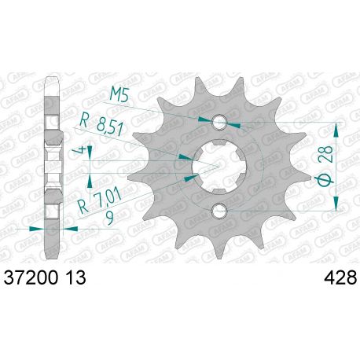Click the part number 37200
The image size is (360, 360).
(x=33, y=278)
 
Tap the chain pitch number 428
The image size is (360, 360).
(x=339, y=278)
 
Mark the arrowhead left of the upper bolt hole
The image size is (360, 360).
(x=207, y=119)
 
